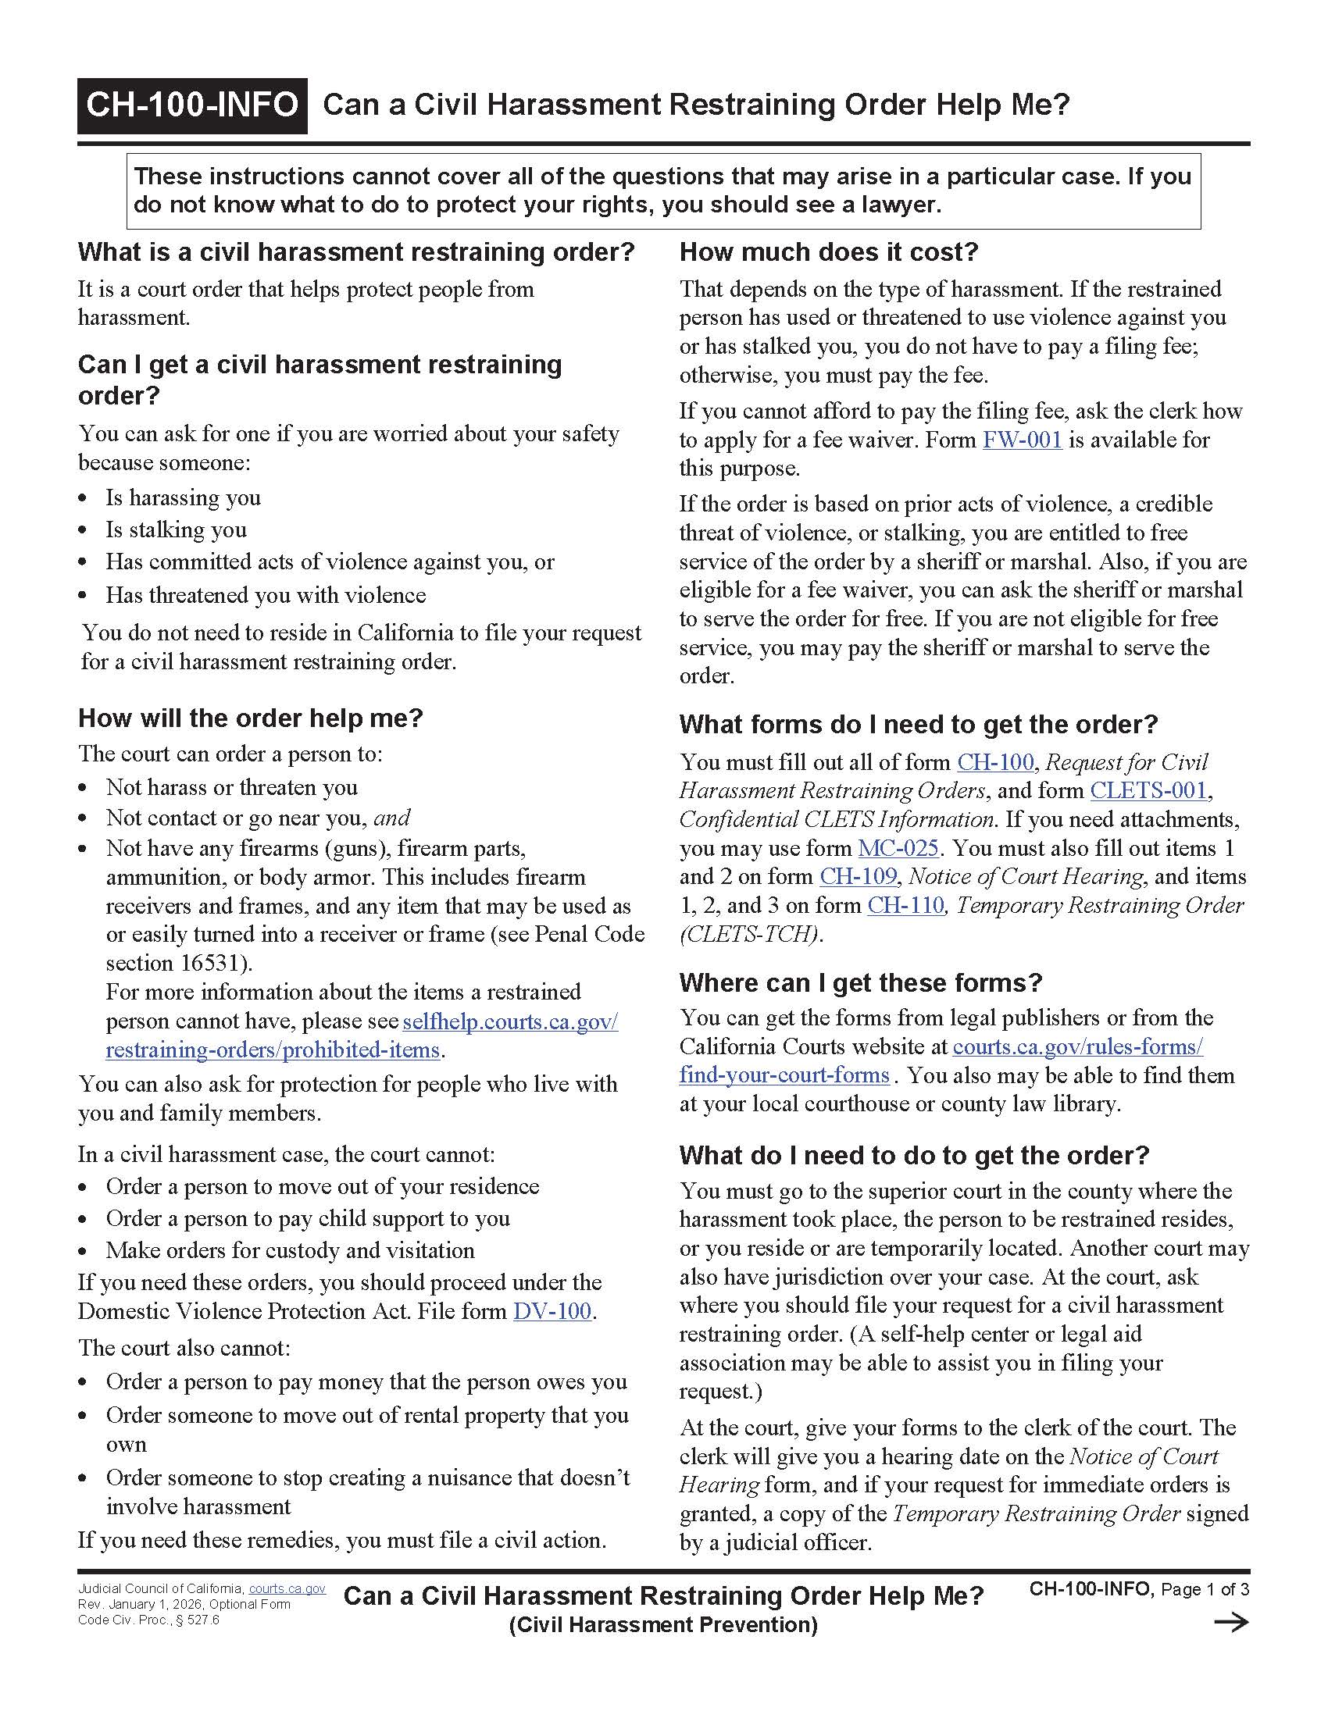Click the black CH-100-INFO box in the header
(192, 105)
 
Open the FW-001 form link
(1022, 440)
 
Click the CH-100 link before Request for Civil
(994, 762)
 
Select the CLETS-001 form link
(1148, 790)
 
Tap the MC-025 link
(898, 848)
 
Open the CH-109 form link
(858, 876)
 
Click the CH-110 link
(905, 905)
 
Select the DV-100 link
(552, 1311)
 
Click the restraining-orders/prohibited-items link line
(272, 1050)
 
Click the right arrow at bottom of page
(1231, 1622)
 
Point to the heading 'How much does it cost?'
(827, 252)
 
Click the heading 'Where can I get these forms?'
(861, 982)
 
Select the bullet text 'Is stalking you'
(177, 530)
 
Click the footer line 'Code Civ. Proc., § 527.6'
(148, 1620)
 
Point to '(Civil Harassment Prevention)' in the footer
(663, 1625)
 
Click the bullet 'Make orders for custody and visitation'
(291, 1251)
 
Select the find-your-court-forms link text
(784, 1075)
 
